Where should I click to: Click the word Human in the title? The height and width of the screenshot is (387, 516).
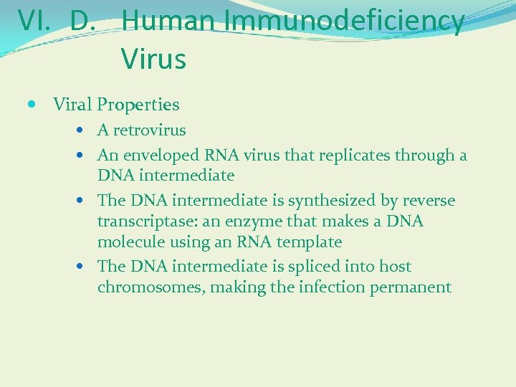pos(169,21)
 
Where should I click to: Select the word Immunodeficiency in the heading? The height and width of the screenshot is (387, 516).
pos(345,21)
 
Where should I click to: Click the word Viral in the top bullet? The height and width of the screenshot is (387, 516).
pos(72,105)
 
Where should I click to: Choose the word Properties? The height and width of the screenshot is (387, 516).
pos(138,105)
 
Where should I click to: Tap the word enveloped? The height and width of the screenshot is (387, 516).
pos(163,156)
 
